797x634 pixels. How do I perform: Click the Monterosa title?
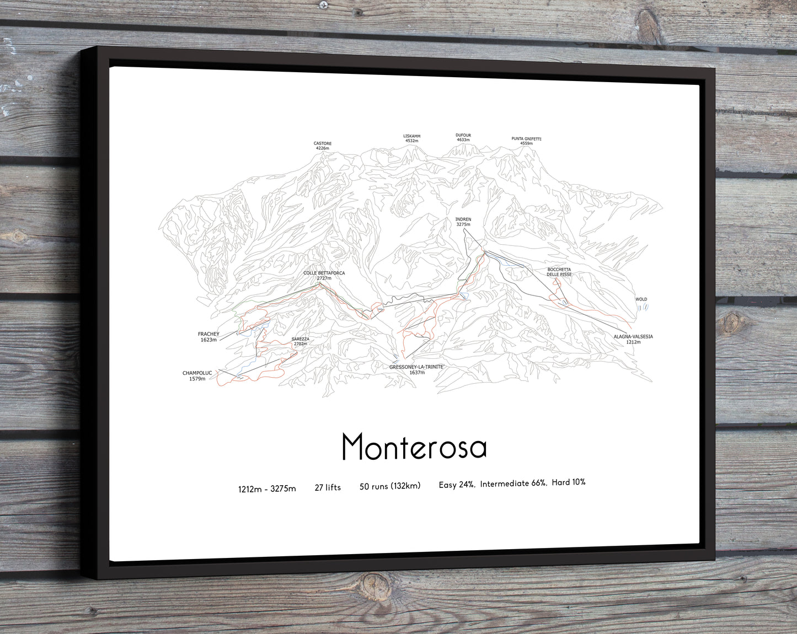point(414,447)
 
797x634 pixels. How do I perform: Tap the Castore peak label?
point(323,146)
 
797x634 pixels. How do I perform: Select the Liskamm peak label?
point(412,138)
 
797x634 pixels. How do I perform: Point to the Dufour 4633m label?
point(463,137)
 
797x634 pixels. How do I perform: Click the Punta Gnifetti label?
point(526,141)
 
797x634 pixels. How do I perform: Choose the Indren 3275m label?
point(463,222)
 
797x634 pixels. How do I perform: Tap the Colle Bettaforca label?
point(324,276)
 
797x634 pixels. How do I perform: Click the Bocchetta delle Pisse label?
point(559,272)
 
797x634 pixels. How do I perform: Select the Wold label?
point(641,299)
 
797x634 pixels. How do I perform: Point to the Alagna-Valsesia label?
point(633,339)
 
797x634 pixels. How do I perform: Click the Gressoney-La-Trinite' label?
point(417,369)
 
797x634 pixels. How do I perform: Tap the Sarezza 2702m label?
point(300,341)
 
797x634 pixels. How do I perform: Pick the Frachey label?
point(208,337)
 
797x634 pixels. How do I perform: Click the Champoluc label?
point(197,376)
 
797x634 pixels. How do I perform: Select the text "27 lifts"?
point(328,487)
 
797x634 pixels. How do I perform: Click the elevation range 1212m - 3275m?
point(267,488)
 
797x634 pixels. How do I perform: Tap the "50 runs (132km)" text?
point(390,486)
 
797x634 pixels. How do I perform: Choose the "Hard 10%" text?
point(569,482)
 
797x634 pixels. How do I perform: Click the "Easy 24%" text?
point(457,485)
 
